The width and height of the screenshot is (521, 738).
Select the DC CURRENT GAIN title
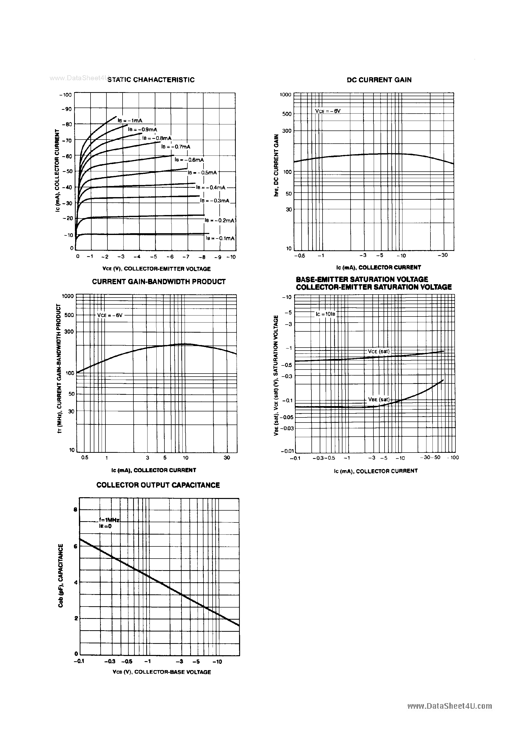click(379, 80)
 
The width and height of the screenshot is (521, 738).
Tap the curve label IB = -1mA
click(130, 121)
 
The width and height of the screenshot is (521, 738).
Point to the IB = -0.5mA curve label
click(202, 173)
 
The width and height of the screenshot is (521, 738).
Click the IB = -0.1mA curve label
click(220, 238)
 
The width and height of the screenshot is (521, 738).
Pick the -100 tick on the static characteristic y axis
click(66, 95)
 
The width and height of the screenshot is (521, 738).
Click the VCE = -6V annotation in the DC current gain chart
click(328, 111)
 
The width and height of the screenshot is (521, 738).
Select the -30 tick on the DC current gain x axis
click(443, 255)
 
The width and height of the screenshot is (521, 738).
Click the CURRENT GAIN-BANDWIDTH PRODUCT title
click(159, 282)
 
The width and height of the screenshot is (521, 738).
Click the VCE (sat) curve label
click(378, 351)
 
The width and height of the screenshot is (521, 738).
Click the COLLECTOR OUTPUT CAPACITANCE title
click(158, 485)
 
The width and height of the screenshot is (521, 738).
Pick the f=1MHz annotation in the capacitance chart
click(109, 520)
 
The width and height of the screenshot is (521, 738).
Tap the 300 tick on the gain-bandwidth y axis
click(69, 331)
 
